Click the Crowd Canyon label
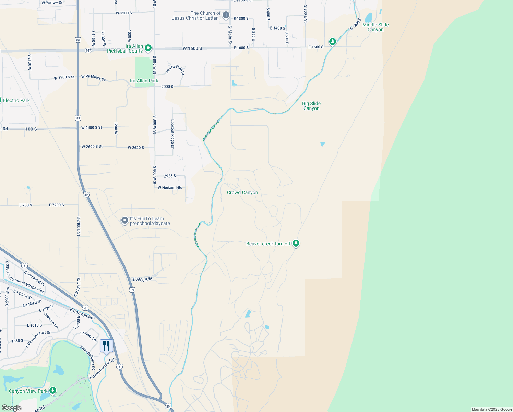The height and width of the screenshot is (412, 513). point(242,193)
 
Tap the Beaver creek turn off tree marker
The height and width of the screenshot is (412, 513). point(296,243)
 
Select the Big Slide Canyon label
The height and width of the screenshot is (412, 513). point(311,106)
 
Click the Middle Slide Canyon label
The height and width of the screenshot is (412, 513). point(375,27)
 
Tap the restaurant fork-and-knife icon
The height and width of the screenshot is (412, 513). point(106,345)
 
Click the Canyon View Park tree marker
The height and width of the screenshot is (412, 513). point(52,390)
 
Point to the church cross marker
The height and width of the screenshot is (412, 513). point(226,15)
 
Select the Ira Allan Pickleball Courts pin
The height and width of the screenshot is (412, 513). point(148,48)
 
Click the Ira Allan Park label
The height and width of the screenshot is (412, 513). point(144,81)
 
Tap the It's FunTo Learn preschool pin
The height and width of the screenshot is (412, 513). point(125,220)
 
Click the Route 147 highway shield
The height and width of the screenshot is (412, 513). point(88,50)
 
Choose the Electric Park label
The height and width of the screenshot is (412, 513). point(16,100)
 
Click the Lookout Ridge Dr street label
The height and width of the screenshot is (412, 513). point(172,134)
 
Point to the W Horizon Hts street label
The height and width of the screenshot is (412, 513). point(170,188)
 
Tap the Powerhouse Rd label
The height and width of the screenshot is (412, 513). point(102,369)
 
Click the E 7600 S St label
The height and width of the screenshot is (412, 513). point(142,280)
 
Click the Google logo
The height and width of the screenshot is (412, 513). point(11,408)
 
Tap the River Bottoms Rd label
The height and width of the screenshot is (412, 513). point(88,358)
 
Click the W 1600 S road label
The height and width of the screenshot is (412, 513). point(192,48)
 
